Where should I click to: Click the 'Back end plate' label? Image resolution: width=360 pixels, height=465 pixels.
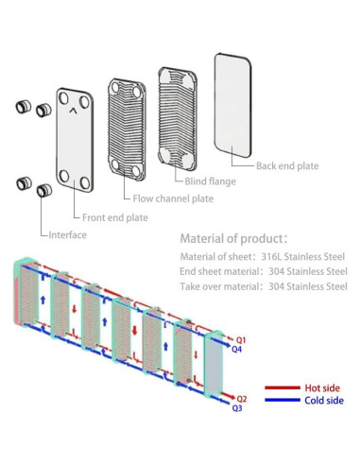(x=287, y=166)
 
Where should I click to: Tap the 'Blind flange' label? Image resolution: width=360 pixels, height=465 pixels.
(x=210, y=181)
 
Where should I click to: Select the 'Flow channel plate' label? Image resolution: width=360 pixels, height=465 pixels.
(x=173, y=198)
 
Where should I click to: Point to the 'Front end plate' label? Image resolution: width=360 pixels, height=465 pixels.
(x=115, y=217)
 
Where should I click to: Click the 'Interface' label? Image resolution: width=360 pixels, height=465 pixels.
(x=67, y=234)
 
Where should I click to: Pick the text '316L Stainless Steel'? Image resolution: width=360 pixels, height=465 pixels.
(x=303, y=257)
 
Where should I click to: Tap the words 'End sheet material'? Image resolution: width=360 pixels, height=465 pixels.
(x=219, y=271)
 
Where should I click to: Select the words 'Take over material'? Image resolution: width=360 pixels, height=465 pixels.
(x=219, y=286)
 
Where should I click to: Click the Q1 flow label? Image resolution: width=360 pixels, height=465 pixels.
(x=241, y=340)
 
